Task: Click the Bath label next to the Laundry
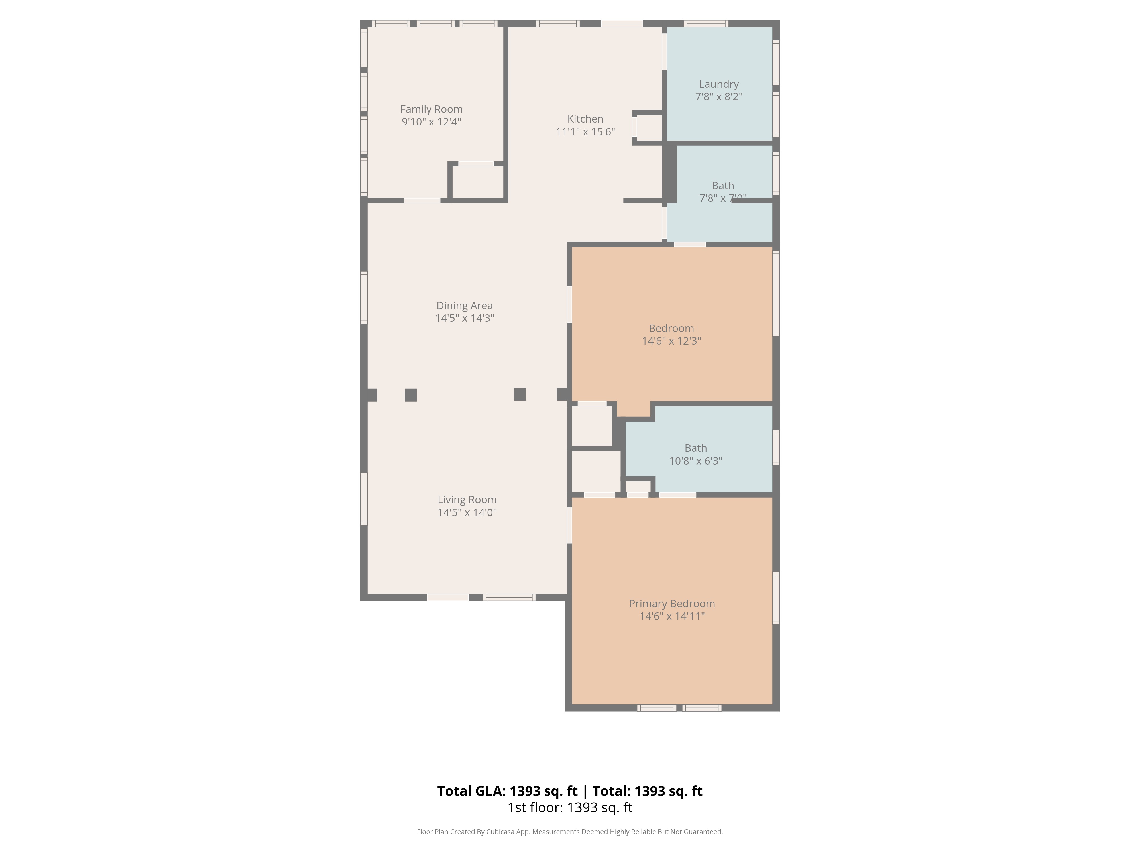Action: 722,186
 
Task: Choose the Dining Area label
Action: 464,306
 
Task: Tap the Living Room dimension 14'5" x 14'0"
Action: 467,512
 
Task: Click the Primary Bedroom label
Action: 671,604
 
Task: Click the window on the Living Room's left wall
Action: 364,499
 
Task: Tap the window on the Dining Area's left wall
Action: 364,297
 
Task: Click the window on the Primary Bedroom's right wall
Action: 776,598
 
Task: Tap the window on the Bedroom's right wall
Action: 776,293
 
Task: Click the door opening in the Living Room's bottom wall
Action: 447,597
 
